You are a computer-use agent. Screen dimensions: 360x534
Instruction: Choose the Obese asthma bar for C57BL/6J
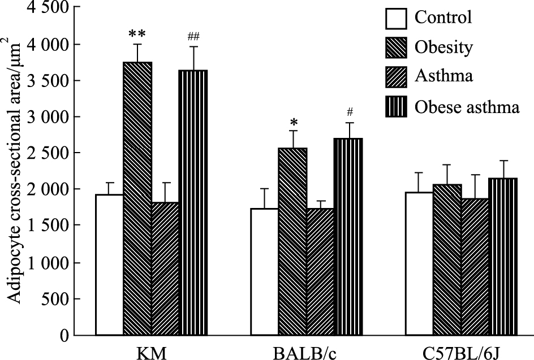coord(502,257)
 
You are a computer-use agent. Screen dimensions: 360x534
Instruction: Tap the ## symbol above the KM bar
coord(192,37)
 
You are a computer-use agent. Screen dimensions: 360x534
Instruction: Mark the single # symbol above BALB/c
coord(347,112)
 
